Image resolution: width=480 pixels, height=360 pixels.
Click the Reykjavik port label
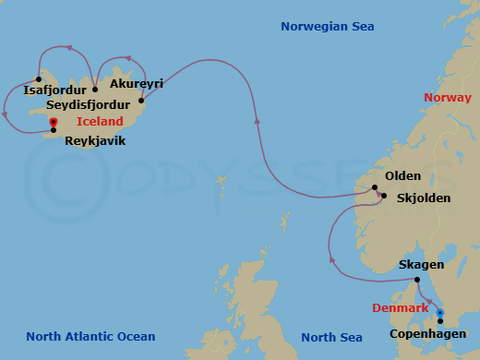tap(95, 141)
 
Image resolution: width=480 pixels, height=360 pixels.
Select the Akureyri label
tap(136, 84)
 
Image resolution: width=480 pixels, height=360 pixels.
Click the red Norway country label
tap(447, 98)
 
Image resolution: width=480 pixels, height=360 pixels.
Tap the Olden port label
tap(403, 176)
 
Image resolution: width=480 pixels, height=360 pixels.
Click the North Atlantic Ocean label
tap(90, 337)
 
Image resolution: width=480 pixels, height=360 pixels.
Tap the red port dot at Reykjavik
tap(54, 122)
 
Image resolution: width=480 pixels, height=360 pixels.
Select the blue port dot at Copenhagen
tap(439, 312)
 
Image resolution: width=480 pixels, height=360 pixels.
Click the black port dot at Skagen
tap(416, 280)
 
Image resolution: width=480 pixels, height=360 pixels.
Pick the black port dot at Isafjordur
tap(39, 78)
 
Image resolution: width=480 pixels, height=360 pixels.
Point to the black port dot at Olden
tap(375, 188)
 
